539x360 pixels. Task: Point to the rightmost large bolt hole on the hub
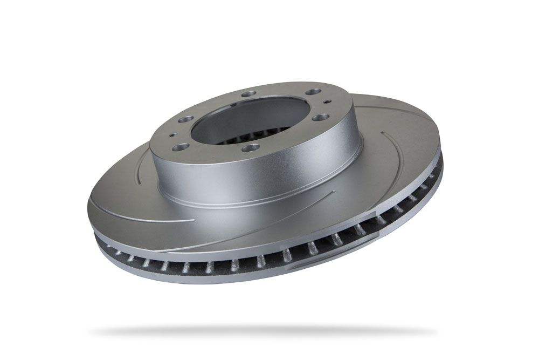coord(320,117)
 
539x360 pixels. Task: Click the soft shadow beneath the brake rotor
coord(264,331)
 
